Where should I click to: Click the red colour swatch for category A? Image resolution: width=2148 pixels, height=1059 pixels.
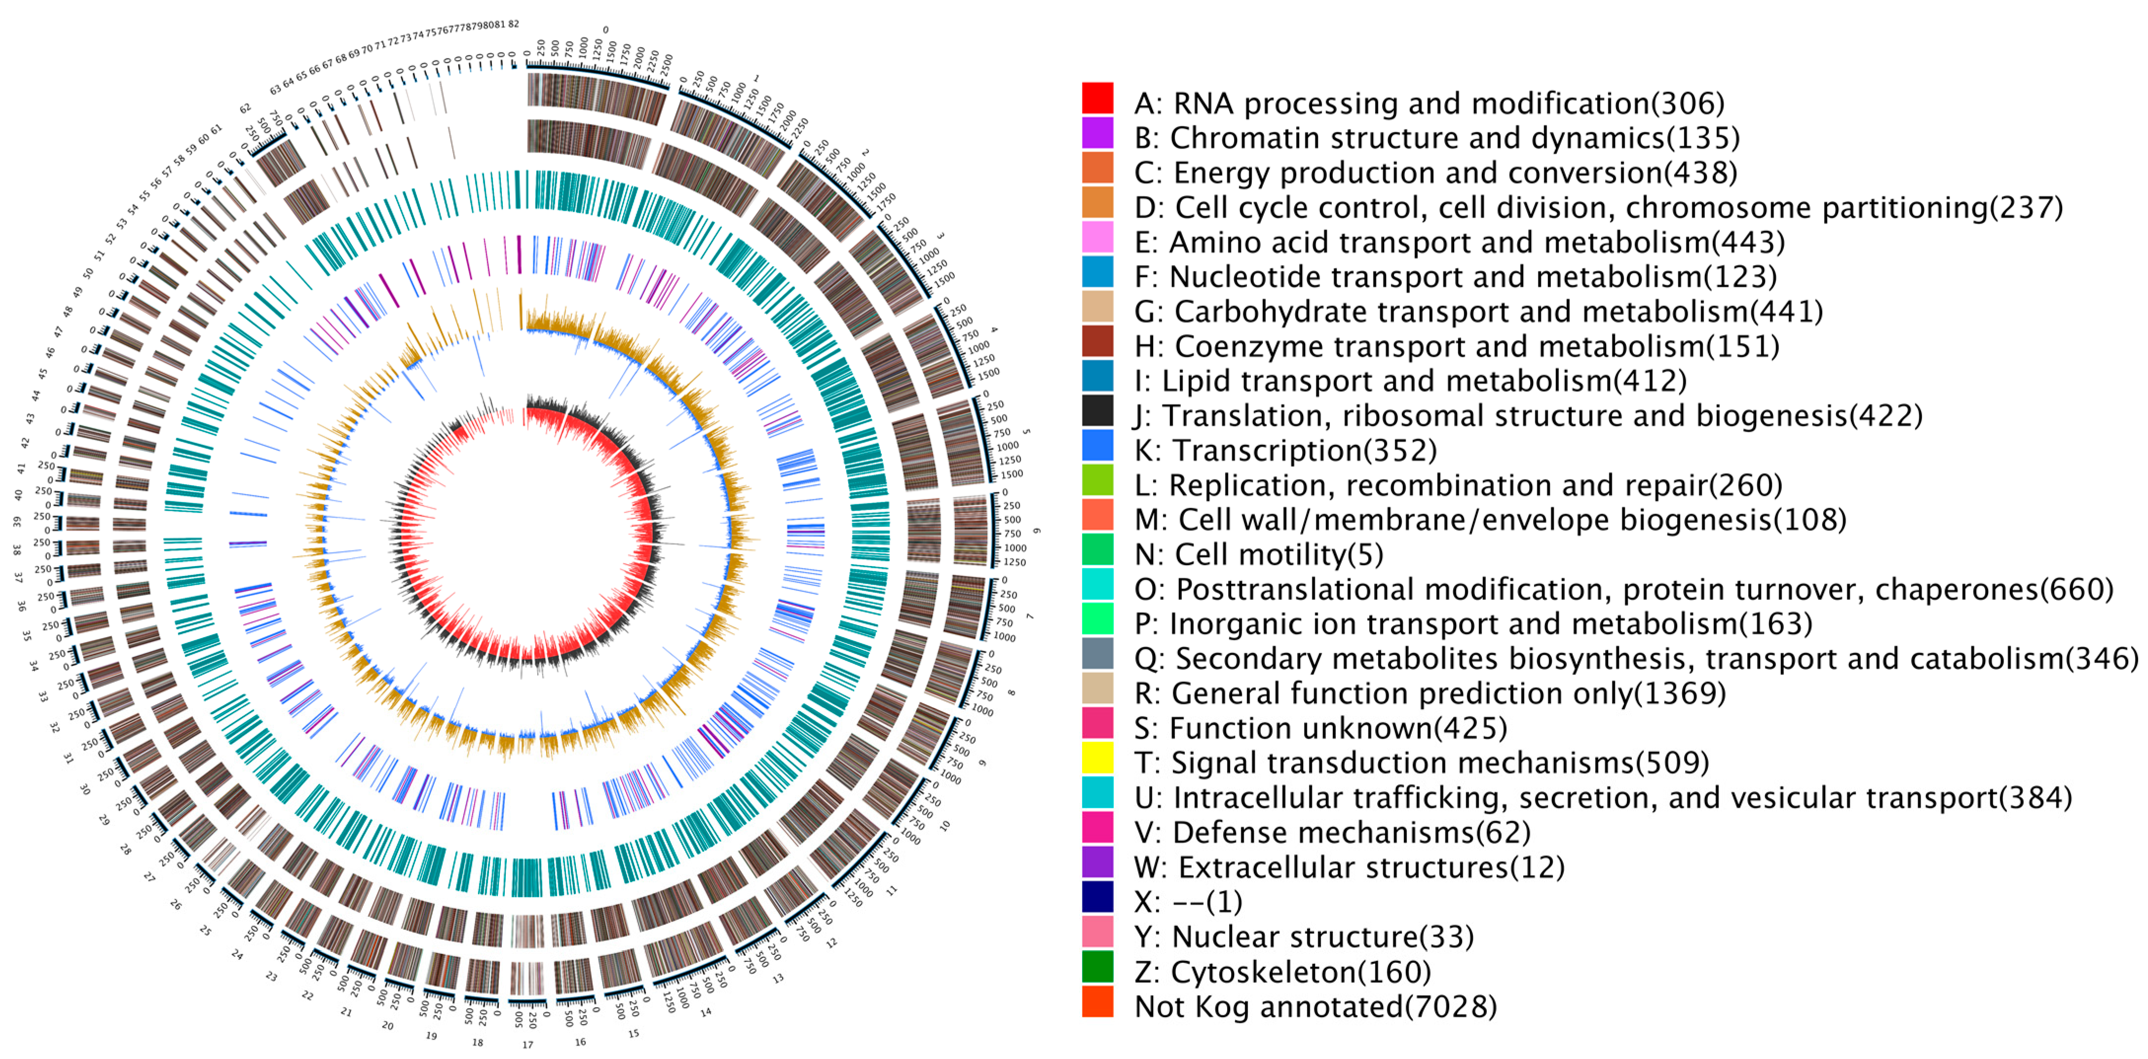(1097, 98)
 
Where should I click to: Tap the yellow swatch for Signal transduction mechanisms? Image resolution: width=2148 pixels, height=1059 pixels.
(1097, 758)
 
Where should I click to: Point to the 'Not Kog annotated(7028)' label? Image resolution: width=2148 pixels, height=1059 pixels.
(1315, 1007)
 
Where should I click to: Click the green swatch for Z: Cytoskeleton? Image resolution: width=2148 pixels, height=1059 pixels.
(1097, 966)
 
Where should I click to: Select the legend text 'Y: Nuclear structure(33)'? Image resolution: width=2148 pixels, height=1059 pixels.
(1303, 937)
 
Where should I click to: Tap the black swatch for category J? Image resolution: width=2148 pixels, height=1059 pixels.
(1097, 411)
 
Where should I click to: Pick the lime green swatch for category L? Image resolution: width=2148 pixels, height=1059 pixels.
(1097, 480)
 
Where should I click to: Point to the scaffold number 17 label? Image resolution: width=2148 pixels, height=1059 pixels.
(528, 1044)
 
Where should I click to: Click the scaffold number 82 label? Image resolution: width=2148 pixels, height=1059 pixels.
(514, 24)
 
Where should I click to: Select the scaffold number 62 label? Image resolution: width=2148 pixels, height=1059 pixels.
(245, 109)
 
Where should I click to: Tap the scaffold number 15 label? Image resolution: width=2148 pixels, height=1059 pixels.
(634, 1033)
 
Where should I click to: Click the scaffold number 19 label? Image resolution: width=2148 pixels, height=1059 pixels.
(431, 1036)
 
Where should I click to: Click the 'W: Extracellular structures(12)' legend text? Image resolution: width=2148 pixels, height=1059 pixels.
(1348, 867)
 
